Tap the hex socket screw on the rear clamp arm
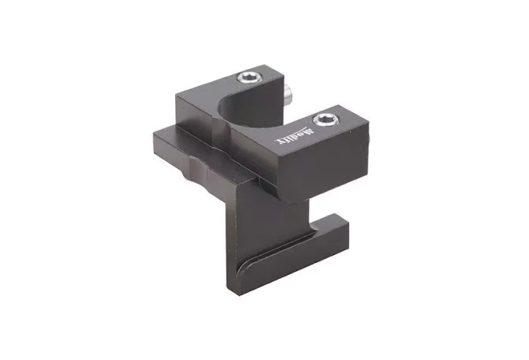tap(249, 77)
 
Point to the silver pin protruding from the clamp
tap(291, 96)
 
